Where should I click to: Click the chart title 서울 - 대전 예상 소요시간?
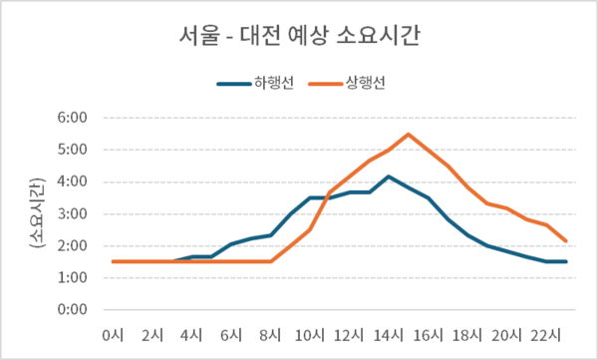pyautogui.click(x=298, y=38)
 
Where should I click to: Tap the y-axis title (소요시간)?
pyautogui.click(x=37, y=212)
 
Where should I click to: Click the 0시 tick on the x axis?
pyautogui.click(x=114, y=334)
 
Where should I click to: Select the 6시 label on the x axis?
pyautogui.click(x=231, y=334)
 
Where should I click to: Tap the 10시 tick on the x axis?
pyautogui.click(x=310, y=334)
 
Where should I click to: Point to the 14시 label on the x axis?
pyautogui.click(x=389, y=334)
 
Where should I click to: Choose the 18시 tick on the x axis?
pyautogui.click(x=467, y=334)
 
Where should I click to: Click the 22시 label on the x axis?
pyautogui.click(x=546, y=334)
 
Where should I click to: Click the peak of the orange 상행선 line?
pyautogui.click(x=409, y=134)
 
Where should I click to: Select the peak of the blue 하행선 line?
pyautogui.click(x=389, y=177)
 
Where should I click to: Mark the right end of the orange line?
pyautogui.click(x=566, y=240)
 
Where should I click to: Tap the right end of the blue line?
pyautogui.click(x=566, y=261)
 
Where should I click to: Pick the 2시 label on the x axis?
pyautogui.click(x=152, y=334)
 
